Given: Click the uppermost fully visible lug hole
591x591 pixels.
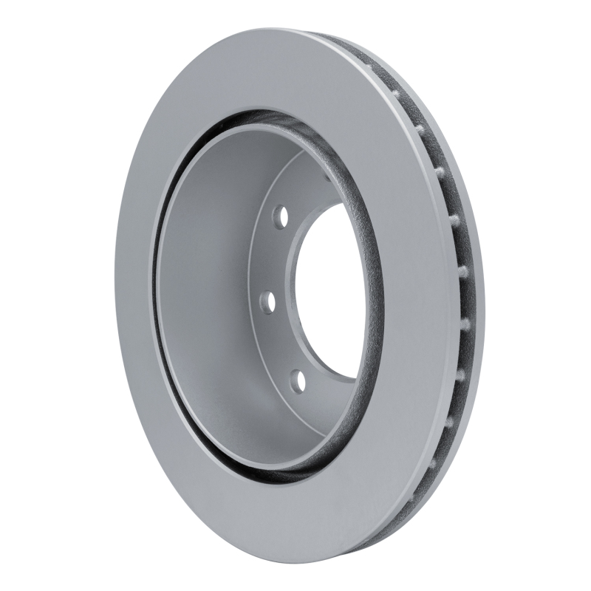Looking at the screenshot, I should tap(280, 216).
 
